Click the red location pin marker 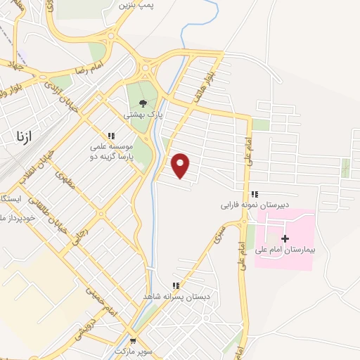point(181,165)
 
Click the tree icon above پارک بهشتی point(143,103)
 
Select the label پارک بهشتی point(143,114)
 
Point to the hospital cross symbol point(285,239)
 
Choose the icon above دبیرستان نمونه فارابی point(254,194)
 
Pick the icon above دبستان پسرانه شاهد point(176,285)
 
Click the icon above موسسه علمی point(110,136)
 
